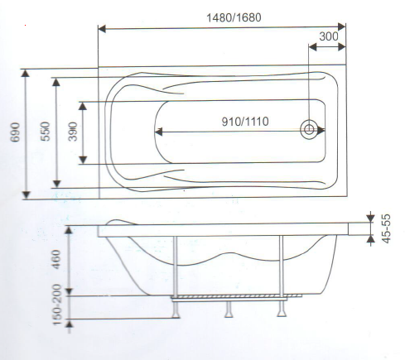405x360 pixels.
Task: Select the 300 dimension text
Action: point(328,36)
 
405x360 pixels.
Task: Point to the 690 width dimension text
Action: point(14,134)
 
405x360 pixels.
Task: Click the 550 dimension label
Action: point(46,132)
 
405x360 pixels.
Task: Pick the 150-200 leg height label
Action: point(57,306)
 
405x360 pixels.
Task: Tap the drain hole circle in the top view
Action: point(310,130)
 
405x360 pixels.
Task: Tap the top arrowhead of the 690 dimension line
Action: point(27,72)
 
